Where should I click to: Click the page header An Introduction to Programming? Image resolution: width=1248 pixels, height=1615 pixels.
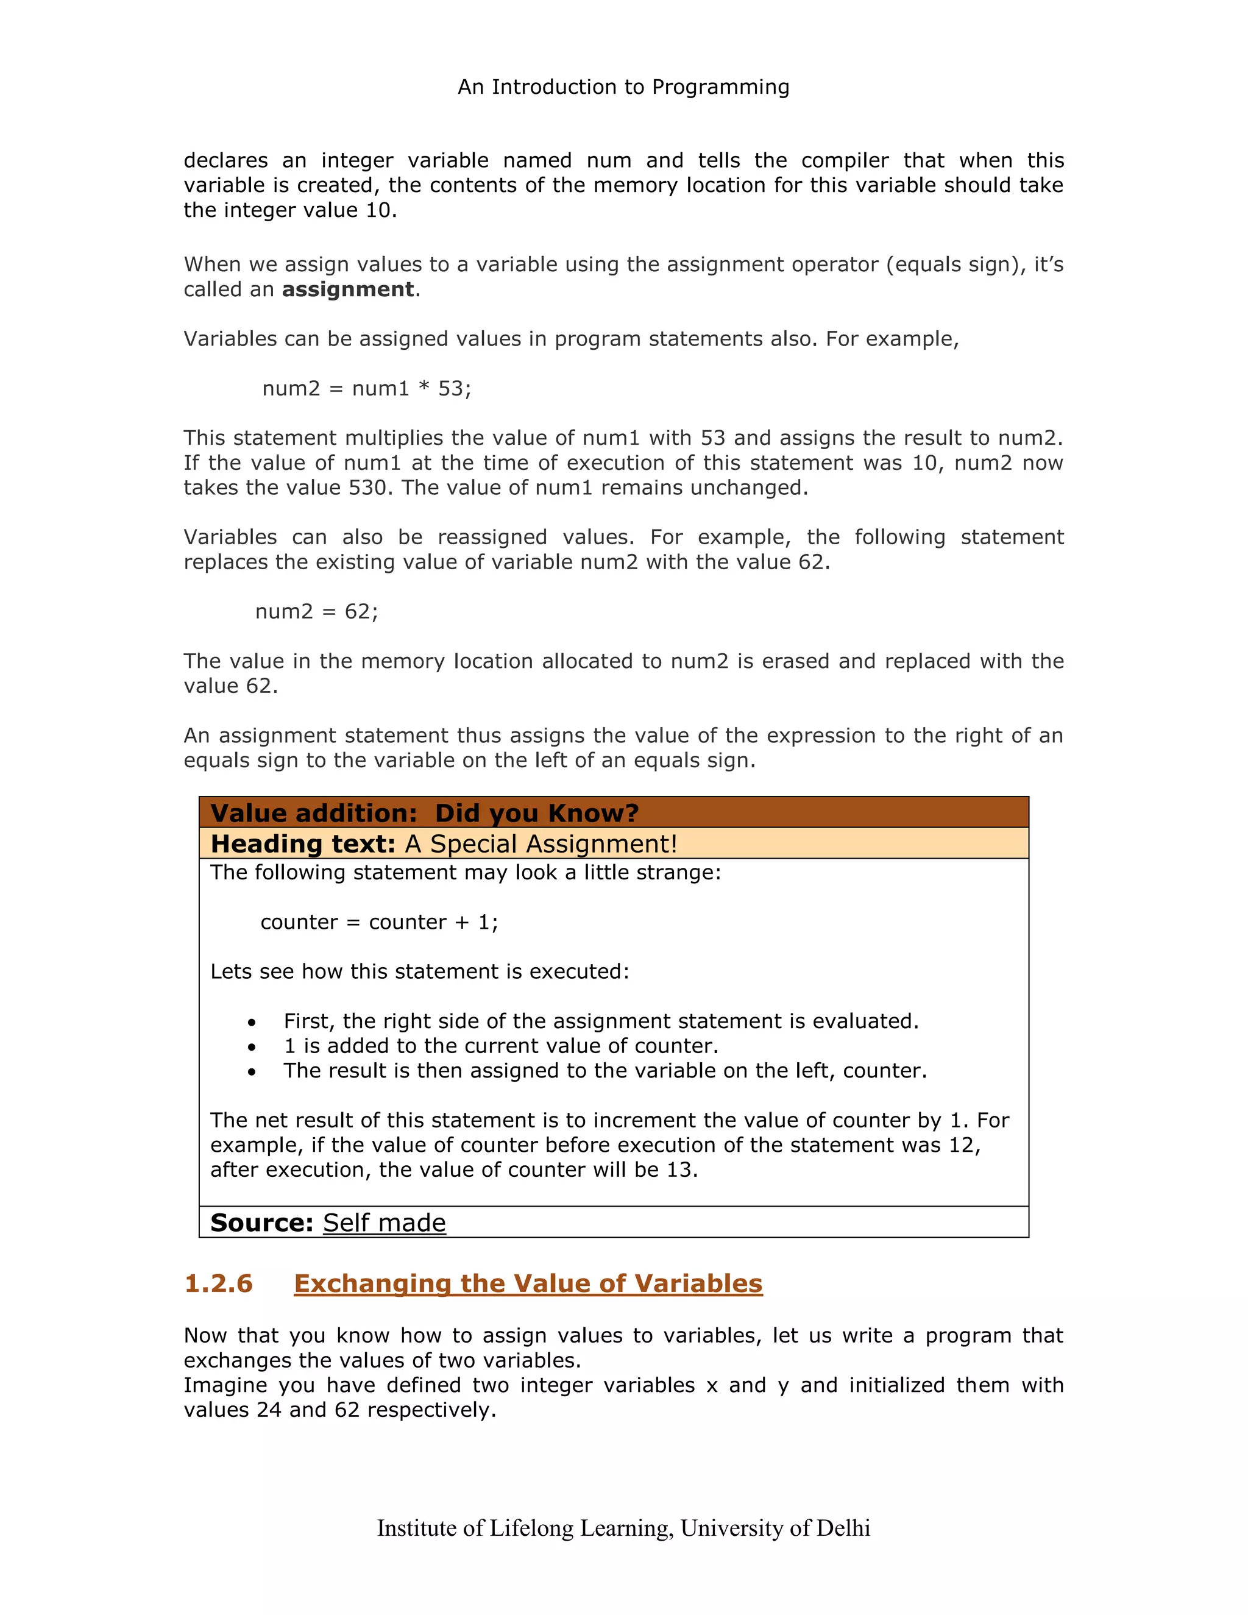click(623, 87)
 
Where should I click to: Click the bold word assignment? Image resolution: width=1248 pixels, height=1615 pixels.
click(347, 289)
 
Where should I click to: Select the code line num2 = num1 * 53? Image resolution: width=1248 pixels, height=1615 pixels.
click(367, 388)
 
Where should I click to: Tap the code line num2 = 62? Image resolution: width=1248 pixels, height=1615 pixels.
click(316, 611)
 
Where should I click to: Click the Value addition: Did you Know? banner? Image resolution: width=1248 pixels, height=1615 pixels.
click(424, 812)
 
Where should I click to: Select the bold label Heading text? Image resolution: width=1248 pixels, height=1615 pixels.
click(303, 843)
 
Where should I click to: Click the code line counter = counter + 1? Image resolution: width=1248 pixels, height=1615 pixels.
click(379, 922)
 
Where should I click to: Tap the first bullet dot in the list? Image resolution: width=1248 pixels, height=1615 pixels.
click(252, 1023)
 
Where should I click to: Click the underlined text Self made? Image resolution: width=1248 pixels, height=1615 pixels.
click(385, 1223)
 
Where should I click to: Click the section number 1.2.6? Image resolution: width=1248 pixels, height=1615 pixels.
click(219, 1283)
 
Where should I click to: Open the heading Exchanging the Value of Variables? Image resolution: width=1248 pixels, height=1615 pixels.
click(528, 1283)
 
